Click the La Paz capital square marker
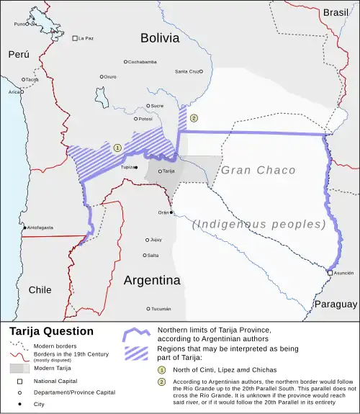click(x=75, y=37)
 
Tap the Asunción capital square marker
click(x=330, y=273)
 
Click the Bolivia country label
click(x=160, y=38)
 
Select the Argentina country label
click(x=151, y=280)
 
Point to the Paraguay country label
click(x=336, y=304)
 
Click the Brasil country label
click(x=335, y=12)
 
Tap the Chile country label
click(x=40, y=289)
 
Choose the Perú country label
click(x=19, y=54)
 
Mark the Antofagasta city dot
click(x=25, y=228)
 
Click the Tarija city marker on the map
click(x=160, y=171)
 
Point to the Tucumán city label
click(x=161, y=309)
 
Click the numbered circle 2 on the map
click(x=194, y=117)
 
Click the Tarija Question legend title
click(x=51, y=331)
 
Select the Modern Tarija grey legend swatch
click(x=19, y=367)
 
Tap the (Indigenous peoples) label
click(x=259, y=224)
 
